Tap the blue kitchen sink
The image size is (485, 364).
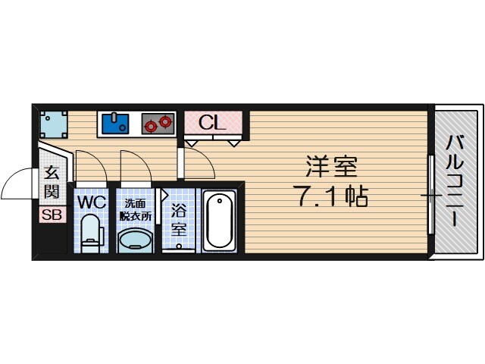pos(114,123)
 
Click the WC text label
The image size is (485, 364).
pos(90,203)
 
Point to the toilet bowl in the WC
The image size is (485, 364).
pos(90,232)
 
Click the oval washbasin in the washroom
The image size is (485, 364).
pos(136,240)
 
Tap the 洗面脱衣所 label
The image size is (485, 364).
pos(137,209)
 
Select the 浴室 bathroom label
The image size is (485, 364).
pos(179,218)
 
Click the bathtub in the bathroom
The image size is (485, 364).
pos(221,220)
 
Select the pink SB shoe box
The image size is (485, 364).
pos(52,215)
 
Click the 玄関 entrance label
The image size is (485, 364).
pos(52,182)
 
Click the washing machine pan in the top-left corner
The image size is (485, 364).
pos(53,121)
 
